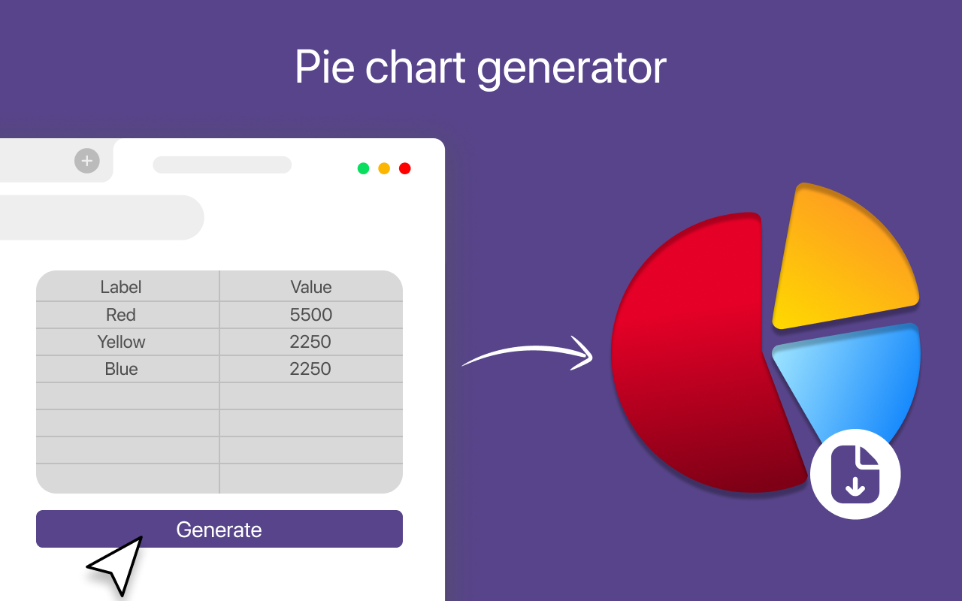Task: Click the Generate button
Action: (x=219, y=529)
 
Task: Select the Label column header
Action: (x=121, y=287)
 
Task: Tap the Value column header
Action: (x=311, y=287)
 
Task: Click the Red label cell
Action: (x=121, y=315)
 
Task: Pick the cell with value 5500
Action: (x=311, y=315)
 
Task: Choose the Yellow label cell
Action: (x=121, y=342)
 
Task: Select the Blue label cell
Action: (x=121, y=369)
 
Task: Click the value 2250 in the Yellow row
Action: (x=311, y=342)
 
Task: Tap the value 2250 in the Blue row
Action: (x=311, y=369)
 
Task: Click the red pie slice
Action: (x=691, y=353)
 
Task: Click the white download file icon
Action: (x=855, y=474)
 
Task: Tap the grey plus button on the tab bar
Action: (x=87, y=161)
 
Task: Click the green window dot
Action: (x=363, y=168)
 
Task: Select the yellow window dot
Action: (x=384, y=168)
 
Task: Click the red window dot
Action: (x=405, y=168)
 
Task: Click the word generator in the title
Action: (x=571, y=68)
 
